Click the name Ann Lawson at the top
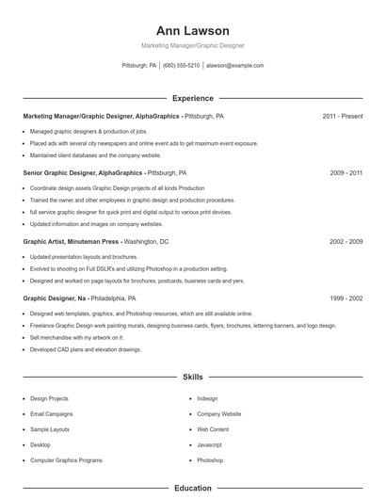tap(192, 31)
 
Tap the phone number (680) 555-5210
tap(181, 66)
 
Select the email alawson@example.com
tap(234, 66)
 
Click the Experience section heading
tap(192, 98)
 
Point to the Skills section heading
tap(192, 377)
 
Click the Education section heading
tap(192, 489)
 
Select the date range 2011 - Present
tap(342, 116)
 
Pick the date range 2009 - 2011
tap(346, 173)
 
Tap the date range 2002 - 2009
tap(346, 242)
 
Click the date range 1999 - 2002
tap(346, 298)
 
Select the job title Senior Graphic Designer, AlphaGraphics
tap(83, 173)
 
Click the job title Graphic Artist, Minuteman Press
tap(72, 242)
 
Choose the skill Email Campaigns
tap(51, 413)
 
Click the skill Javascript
tap(209, 444)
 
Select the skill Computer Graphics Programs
tap(66, 459)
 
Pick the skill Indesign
tap(207, 398)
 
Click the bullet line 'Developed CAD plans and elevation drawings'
tap(86, 349)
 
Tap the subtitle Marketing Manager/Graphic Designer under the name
tap(192, 45)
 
